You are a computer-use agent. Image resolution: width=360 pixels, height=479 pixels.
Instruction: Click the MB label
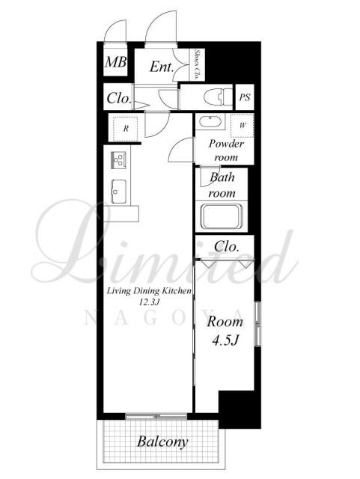(115, 62)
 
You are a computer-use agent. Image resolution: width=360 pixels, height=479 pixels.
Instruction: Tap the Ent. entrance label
(162, 67)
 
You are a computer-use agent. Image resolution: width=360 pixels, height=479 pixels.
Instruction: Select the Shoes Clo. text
(197, 65)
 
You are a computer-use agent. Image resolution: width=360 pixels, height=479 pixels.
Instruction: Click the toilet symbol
(218, 97)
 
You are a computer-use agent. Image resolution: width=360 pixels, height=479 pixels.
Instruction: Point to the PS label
(245, 97)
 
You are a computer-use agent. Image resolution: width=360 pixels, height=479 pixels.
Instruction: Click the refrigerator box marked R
(126, 129)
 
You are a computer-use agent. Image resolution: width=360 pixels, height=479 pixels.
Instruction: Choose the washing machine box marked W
(242, 126)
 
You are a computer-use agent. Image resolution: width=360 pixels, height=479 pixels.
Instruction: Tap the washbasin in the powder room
(210, 122)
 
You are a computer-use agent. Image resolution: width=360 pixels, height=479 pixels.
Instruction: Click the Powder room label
(226, 150)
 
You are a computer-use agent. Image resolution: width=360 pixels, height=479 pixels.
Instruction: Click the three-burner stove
(118, 159)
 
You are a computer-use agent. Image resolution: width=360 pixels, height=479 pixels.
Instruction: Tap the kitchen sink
(118, 192)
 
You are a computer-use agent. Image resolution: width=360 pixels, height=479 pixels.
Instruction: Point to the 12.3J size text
(150, 302)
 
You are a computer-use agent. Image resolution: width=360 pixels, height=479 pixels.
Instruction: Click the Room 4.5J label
(225, 331)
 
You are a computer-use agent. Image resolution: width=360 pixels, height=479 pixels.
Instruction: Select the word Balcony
(162, 442)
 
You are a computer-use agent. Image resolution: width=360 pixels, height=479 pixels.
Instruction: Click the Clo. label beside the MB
(118, 98)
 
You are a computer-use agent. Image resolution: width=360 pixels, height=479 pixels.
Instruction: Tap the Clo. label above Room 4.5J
(226, 246)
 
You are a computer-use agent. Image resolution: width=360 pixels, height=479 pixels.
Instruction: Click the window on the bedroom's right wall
(258, 324)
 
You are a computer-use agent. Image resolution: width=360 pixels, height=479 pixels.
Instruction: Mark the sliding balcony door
(156, 416)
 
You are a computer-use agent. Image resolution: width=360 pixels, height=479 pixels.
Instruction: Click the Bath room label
(222, 185)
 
